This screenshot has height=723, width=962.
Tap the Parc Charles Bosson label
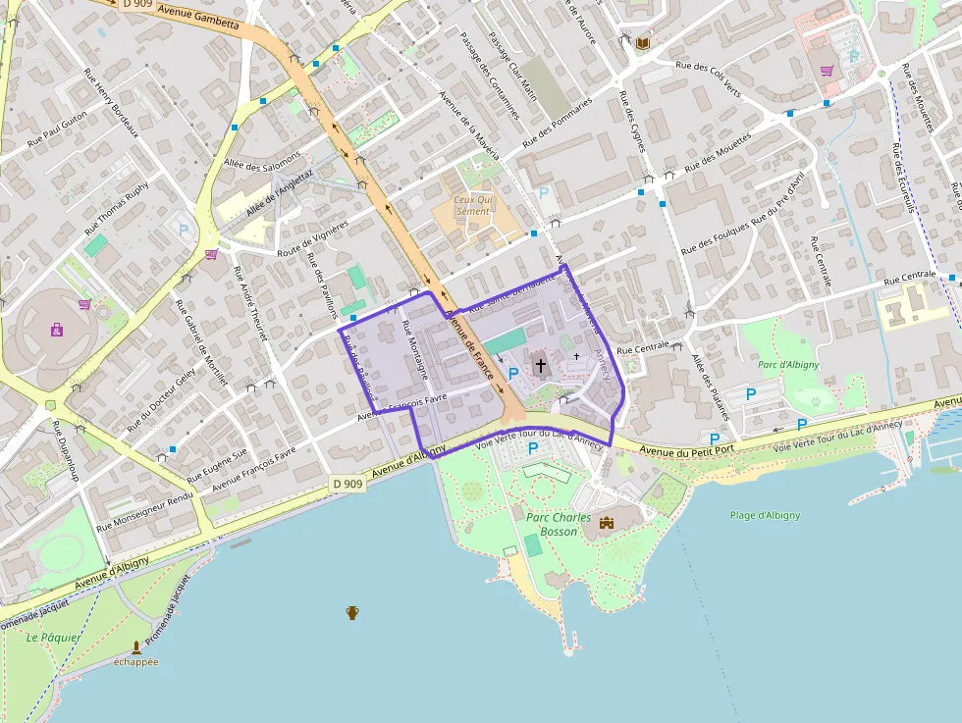559,525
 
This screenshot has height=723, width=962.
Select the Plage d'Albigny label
765,516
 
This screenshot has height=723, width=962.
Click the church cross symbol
540,366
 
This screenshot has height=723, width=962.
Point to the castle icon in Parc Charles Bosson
606,523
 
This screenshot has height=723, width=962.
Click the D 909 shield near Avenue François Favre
347,484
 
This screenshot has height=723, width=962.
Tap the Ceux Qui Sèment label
473,205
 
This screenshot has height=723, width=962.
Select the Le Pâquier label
54,638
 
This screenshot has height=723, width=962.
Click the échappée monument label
135,662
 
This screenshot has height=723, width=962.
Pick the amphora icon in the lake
352,612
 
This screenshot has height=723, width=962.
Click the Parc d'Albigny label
788,365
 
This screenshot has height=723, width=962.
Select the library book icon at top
642,43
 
